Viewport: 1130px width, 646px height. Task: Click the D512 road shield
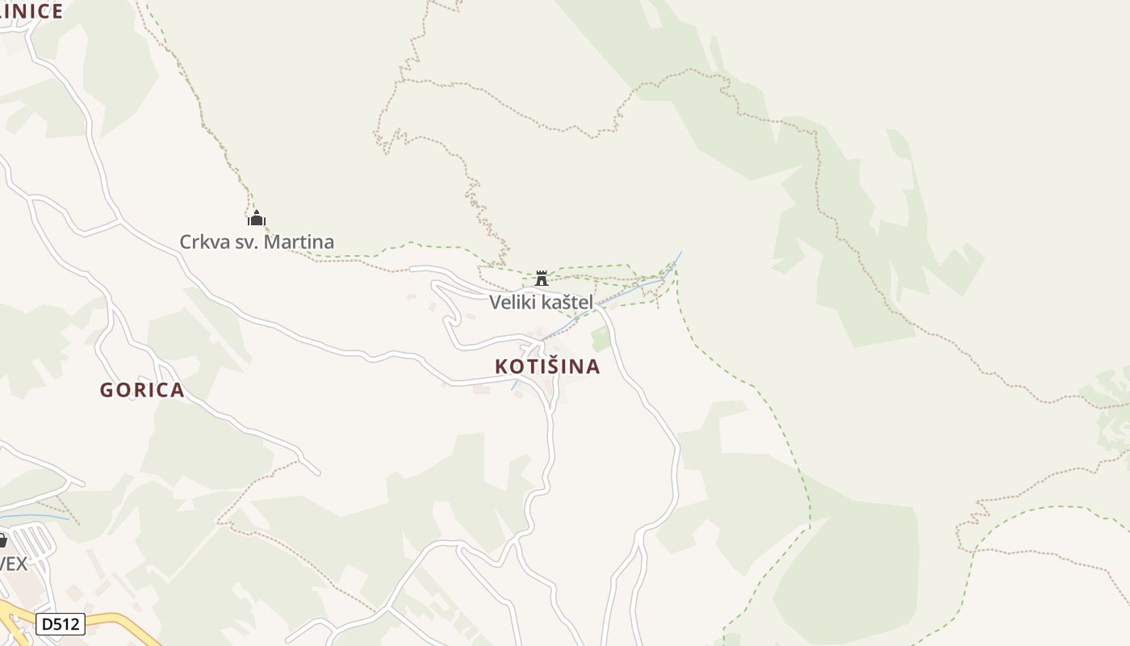coord(61,624)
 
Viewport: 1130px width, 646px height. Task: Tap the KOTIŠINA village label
coord(547,367)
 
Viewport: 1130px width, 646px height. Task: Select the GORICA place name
coord(142,390)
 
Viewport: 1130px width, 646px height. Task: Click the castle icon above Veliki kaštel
coord(542,278)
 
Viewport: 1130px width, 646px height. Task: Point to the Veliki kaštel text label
coord(541,302)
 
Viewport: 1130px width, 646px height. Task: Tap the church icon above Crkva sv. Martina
coord(257,218)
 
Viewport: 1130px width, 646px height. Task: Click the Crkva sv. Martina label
coord(257,241)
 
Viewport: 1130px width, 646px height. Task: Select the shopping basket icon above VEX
coord(2,540)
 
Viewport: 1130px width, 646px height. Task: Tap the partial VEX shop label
coord(13,563)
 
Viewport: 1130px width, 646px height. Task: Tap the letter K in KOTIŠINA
coord(501,367)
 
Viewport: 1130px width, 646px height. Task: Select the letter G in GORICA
coord(106,390)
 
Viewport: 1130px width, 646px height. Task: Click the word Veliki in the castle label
coord(508,302)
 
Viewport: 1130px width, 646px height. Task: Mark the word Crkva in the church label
coord(199,241)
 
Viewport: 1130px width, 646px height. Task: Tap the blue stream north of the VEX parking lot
coord(32,515)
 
